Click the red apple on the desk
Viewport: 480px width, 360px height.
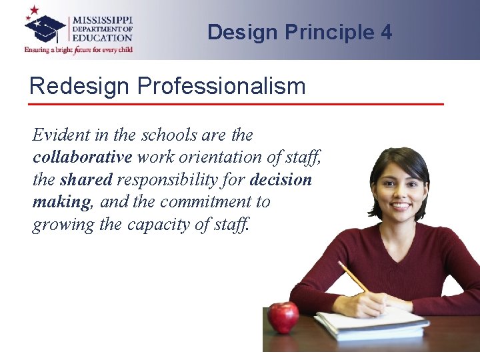click(x=283, y=317)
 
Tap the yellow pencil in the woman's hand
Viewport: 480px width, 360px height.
click(x=354, y=278)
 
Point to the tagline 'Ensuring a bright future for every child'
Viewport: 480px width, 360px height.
click(x=79, y=49)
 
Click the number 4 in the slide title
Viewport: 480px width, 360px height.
click(x=387, y=32)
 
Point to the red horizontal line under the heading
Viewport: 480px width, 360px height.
click(x=237, y=104)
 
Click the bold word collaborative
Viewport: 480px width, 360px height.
click(x=82, y=157)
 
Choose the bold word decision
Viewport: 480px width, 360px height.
click(x=281, y=180)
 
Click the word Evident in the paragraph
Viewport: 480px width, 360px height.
click(x=60, y=135)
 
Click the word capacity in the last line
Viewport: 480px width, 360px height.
click(x=159, y=225)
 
